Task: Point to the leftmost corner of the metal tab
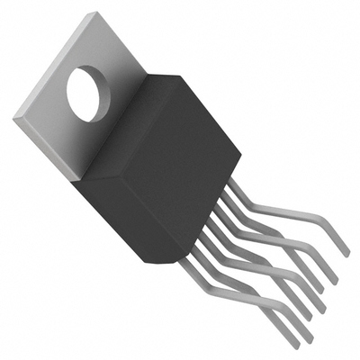(13, 116)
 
